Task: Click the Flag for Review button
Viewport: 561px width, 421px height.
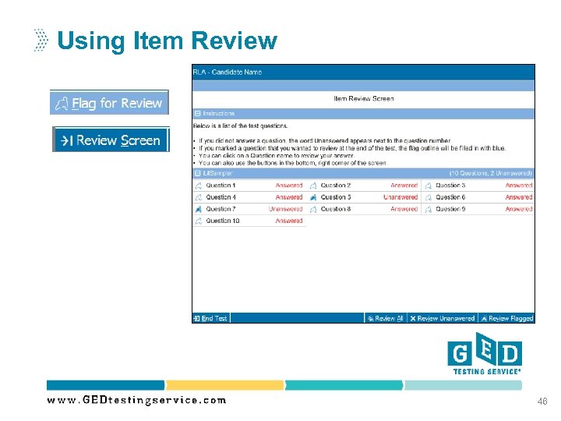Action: coord(109,103)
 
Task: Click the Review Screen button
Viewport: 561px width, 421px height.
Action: coord(111,140)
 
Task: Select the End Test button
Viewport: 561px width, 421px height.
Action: coord(210,318)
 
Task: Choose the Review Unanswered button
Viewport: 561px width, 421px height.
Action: coord(442,318)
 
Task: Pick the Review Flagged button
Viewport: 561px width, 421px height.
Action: coord(506,318)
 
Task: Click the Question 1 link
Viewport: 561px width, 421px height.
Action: coord(221,186)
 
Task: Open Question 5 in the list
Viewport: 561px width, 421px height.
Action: coord(336,197)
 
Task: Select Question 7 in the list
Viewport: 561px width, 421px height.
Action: coord(221,209)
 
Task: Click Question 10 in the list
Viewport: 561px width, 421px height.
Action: coord(222,221)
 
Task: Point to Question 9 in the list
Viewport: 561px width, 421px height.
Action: coord(450,209)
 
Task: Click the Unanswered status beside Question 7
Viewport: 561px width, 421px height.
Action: coord(285,209)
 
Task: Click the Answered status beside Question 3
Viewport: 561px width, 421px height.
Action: coord(518,186)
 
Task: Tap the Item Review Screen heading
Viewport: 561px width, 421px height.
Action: coord(363,99)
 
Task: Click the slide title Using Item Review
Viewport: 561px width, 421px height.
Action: coord(167,41)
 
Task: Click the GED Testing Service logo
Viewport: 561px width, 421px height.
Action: coord(484,355)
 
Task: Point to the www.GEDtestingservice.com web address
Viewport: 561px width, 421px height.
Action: coord(136,400)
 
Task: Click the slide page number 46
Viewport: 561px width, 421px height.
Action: coord(542,402)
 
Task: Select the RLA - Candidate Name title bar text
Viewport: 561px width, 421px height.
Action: coord(228,73)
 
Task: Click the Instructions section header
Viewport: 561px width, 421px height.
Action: coord(218,113)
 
